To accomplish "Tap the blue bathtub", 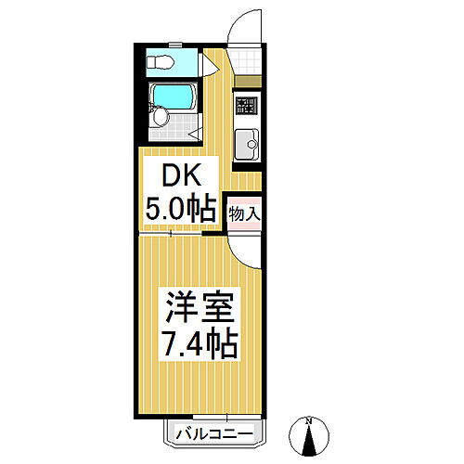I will pos(173,97).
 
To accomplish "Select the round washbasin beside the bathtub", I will pos(161,116).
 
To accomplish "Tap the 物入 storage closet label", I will pos(246,213).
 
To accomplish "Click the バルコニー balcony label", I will pos(214,432).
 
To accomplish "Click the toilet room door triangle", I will pos(212,65).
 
